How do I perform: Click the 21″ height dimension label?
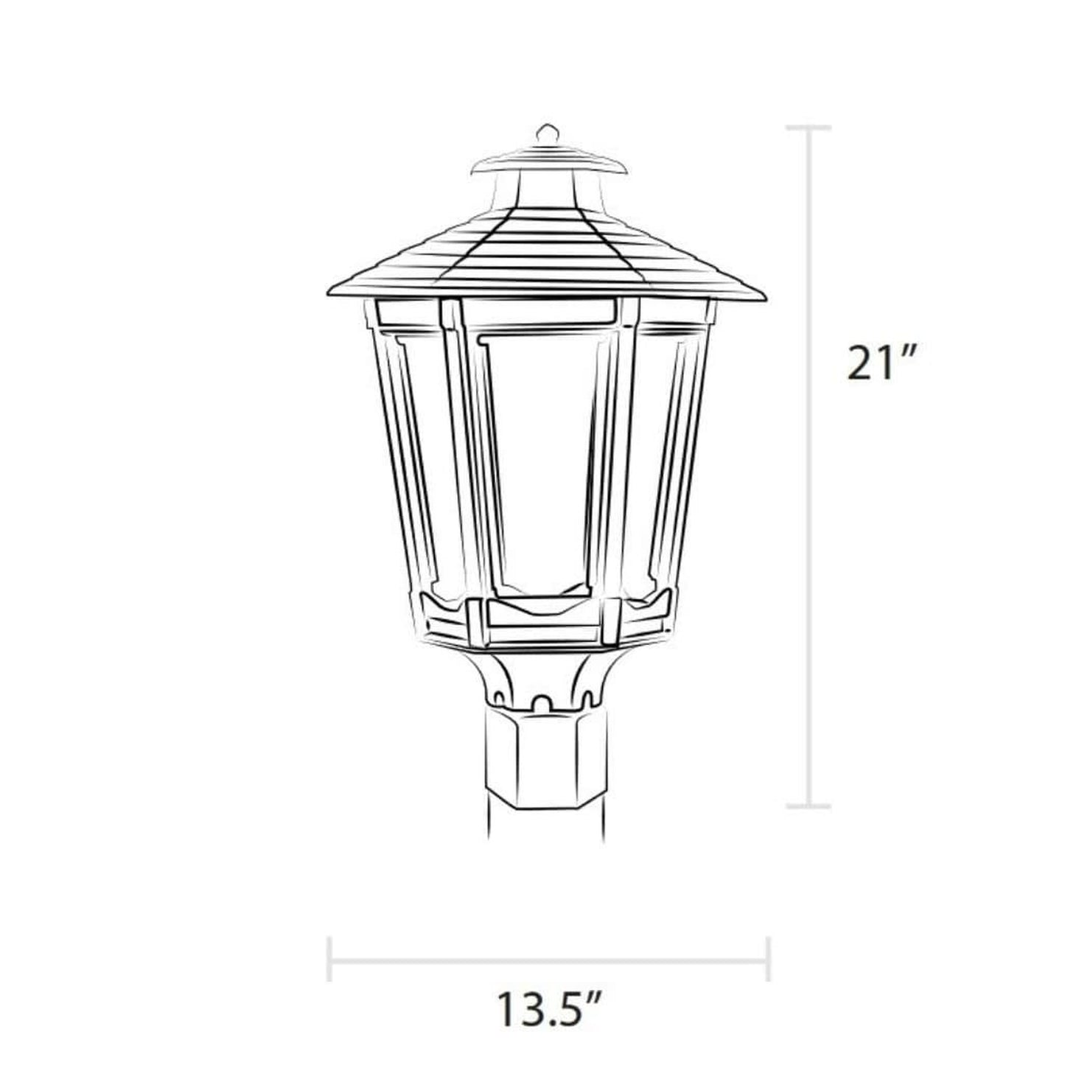(881, 363)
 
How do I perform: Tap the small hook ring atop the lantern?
(545, 133)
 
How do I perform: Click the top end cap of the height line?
(809, 128)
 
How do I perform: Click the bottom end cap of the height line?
(809, 806)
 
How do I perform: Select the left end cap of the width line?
(329, 960)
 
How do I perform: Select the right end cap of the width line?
(768, 960)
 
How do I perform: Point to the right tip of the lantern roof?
(764, 297)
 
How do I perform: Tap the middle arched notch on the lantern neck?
(544, 702)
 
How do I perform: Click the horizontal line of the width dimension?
(549, 960)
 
